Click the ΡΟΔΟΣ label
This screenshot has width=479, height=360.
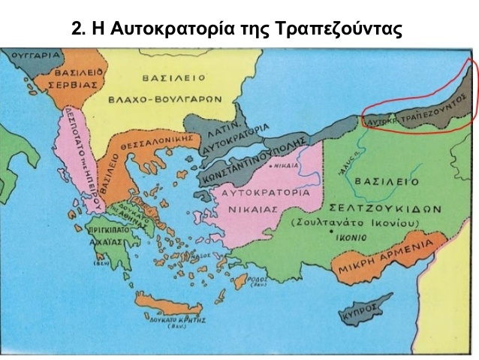click(x=259, y=276)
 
